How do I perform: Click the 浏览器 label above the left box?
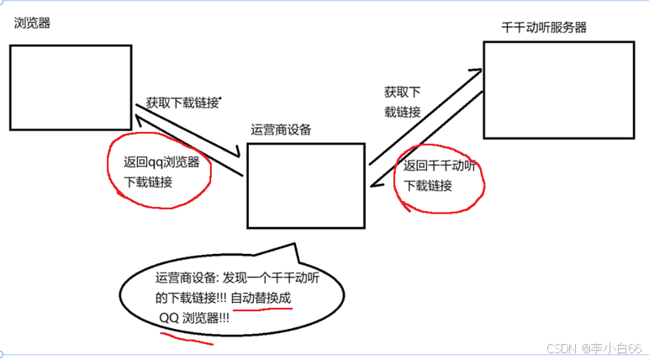33,24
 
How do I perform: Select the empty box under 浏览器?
71,87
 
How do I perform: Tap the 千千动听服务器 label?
544,28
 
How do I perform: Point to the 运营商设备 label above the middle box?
281,130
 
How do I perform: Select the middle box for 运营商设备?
306,185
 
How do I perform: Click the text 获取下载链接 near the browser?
182,103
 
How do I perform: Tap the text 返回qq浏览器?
161,162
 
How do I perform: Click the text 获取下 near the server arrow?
402,92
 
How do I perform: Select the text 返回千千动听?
440,166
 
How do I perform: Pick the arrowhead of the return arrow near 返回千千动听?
375,183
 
